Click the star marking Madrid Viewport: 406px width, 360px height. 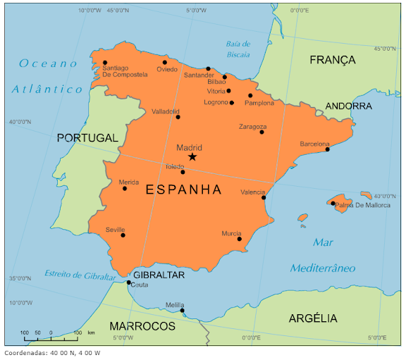[192, 156]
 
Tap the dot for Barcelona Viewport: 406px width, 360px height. [327, 149]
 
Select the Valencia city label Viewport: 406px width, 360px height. [252, 192]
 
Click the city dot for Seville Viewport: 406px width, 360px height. [123, 235]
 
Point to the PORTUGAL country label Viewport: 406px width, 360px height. [87, 138]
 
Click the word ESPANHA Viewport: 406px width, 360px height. [183, 190]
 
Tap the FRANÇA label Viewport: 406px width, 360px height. [333, 60]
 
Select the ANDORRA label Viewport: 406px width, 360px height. [348, 106]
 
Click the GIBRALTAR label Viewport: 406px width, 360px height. [159, 275]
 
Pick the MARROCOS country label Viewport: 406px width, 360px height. [142, 326]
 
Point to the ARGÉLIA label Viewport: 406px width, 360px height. [313, 318]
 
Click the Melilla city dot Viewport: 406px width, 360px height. [182, 310]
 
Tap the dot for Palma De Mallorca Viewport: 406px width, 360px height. [333, 203]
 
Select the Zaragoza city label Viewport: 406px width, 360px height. [252, 127]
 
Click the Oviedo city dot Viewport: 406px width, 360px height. [165, 62]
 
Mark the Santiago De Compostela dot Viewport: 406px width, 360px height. [105, 62]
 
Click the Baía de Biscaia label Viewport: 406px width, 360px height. [238, 49]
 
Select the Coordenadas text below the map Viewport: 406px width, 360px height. [52, 353]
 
